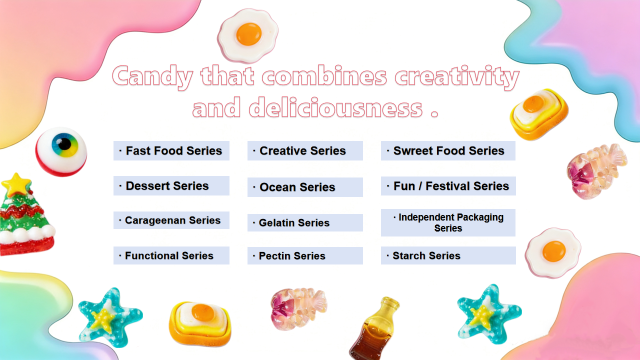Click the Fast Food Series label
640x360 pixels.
pos(171,150)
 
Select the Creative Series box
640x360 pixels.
pos(305,150)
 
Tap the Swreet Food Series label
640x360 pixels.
pos(448,150)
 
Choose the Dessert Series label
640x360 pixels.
pos(171,185)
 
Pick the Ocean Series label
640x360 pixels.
pos(305,187)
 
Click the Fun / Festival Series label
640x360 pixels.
pos(448,186)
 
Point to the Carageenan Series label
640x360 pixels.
pos(171,220)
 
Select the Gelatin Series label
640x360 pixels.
pos(305,222)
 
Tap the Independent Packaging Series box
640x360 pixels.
pos(448,222)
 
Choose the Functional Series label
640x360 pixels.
pos(171,255)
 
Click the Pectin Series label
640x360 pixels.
pos(305,255)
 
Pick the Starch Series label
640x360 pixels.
pos(448,255)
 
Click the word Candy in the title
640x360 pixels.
pos(152,76)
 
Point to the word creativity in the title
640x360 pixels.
pos(457,76)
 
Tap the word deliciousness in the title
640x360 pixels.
pos(335,107)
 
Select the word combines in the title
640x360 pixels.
pos(324,75)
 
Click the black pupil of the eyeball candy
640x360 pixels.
pos(65,144)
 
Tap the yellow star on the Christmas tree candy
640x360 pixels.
pos(16,184)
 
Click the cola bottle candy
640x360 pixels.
pos(374,328)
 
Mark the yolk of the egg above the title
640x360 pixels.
pos(249,34)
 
